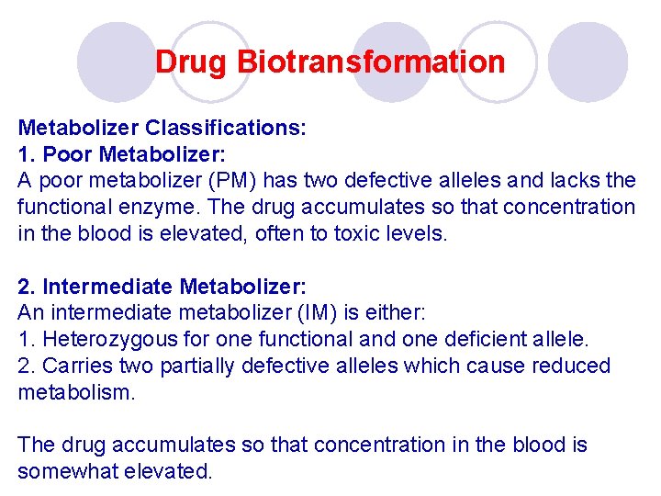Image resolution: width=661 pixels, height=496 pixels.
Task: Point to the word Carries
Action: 70,366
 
